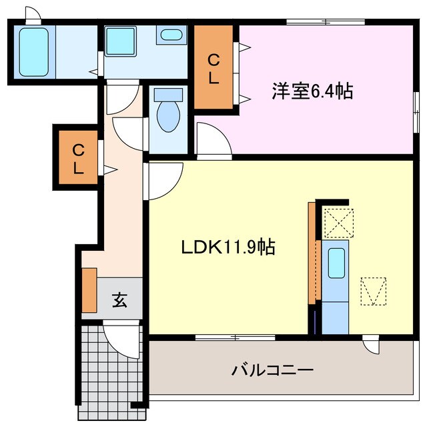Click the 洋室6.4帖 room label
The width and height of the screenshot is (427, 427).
tap(312, 91)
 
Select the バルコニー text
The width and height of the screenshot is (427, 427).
tap(272, 369)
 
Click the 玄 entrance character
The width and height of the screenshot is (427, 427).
tap(119, 300)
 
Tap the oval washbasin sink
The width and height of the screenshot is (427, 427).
tap(172, 35)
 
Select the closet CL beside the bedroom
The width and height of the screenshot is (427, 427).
tap(213, 68)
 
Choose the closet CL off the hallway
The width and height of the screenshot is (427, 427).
tap(78, 158)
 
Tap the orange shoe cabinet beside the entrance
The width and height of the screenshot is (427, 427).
tap(89, 290)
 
